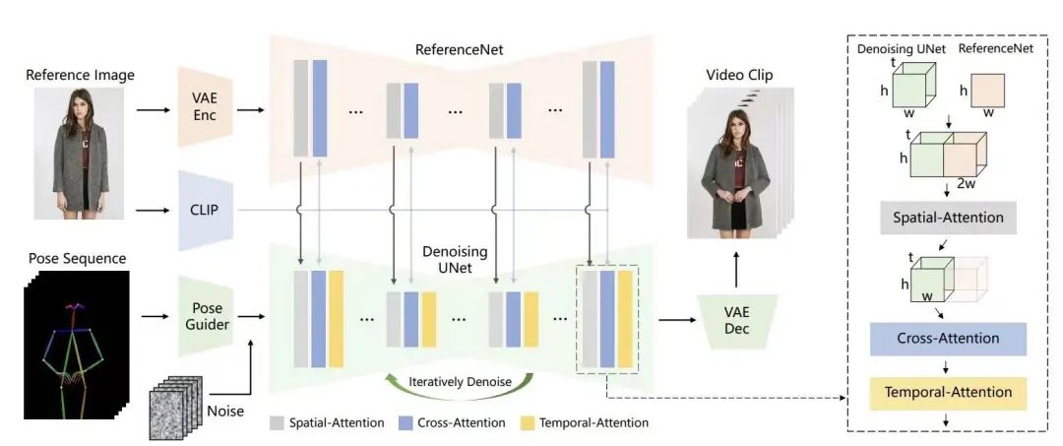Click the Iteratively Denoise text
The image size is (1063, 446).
pos(459,379)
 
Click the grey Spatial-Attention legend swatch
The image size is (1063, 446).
pos(277,422)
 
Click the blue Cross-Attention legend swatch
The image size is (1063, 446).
pos(405,422)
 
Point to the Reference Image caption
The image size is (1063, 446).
pos(81,75)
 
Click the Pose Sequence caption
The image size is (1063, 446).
pos(77,258)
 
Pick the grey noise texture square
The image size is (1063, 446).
pos(172,413)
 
